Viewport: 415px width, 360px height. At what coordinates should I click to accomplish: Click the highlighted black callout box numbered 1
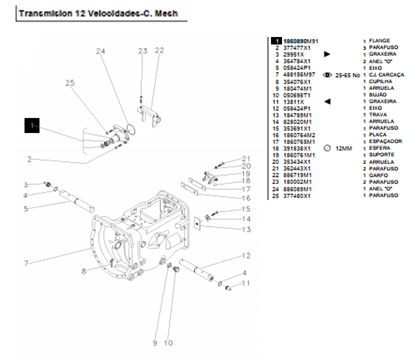(32, 125)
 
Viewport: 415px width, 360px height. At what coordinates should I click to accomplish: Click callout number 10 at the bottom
(168, 343)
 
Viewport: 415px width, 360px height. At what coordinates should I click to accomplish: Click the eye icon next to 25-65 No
(327, 74)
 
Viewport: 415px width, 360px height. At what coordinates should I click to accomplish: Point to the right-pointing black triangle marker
(327, 54)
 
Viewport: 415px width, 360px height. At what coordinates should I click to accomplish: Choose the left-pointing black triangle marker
(327, 101)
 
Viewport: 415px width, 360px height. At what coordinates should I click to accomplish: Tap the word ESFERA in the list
(379, 149)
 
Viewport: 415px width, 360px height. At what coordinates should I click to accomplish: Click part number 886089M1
(296, 189)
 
